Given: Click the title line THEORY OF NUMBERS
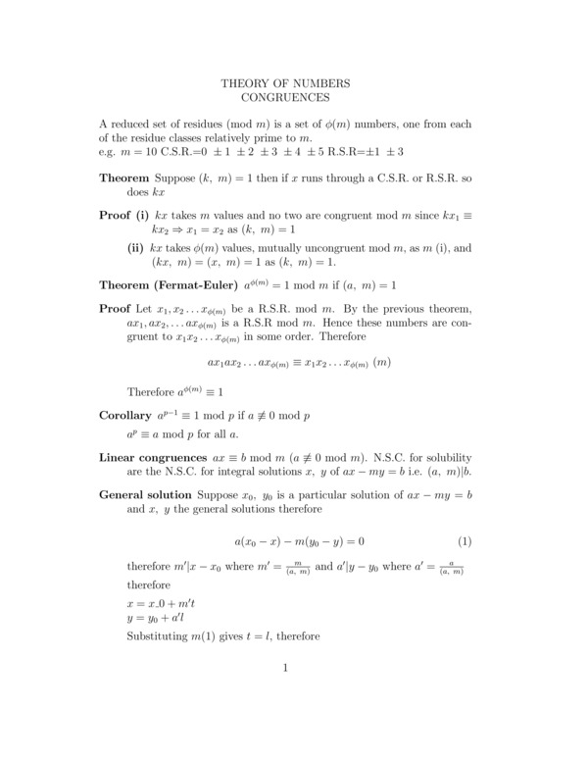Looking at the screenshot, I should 285,84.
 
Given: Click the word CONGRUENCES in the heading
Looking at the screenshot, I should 285,98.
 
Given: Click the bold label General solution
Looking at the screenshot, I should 147,496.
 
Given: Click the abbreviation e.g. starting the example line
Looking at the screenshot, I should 110,152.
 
